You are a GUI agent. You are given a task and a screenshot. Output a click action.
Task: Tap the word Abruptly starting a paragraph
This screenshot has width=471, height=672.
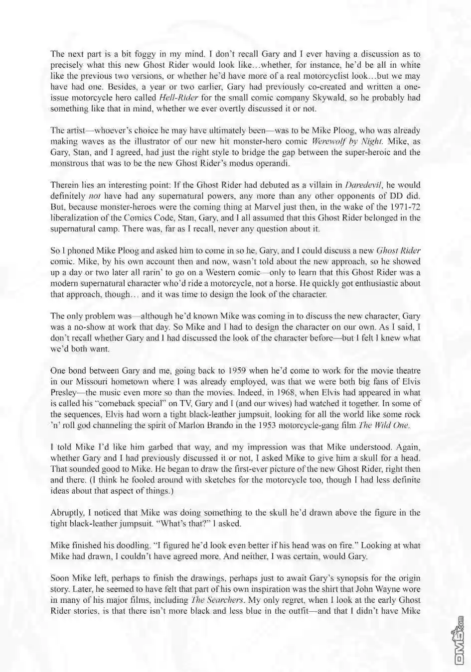67,513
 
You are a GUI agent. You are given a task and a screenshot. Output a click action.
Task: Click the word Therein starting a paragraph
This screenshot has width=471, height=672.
65,185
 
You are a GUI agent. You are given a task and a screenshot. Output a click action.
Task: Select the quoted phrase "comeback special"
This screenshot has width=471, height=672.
116,404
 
